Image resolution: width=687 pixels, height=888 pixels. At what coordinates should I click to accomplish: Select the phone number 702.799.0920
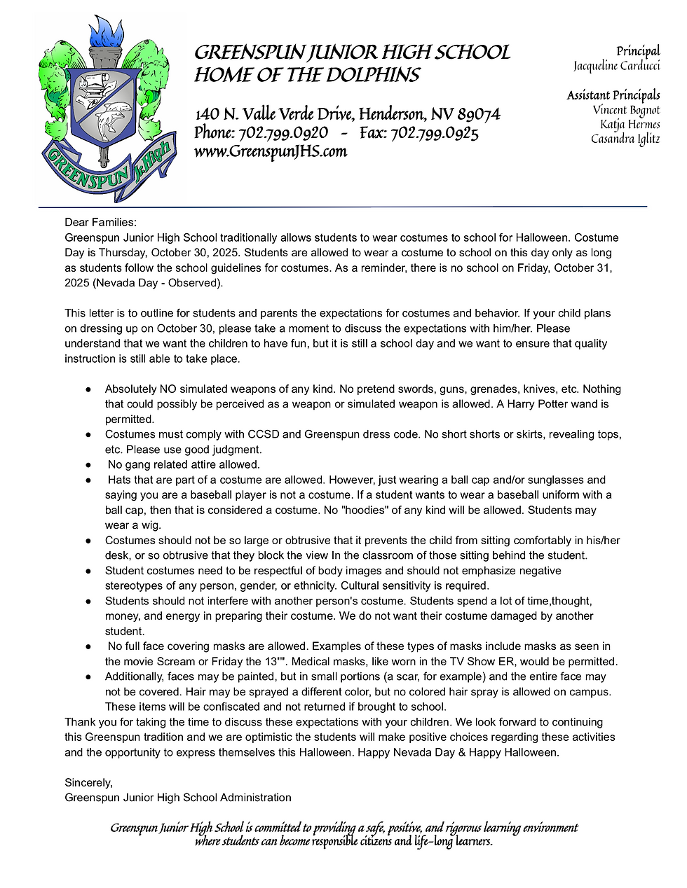[x=283, y=133]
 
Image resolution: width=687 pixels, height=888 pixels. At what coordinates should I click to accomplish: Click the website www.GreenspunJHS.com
[x=270, y=151]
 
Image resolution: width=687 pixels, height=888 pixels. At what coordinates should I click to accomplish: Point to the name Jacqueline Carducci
[x=616, y=66]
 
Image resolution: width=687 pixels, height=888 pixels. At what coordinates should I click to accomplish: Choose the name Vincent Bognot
[x=626, y=110]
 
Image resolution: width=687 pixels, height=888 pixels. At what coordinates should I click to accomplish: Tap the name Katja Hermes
[x=630, y=125]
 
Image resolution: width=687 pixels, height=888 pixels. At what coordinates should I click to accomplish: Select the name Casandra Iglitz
[x=625, y=139]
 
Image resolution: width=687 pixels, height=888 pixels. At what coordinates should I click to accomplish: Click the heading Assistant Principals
[x=613, y=95]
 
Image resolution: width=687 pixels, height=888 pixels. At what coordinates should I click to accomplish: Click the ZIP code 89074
[x=479, y=114]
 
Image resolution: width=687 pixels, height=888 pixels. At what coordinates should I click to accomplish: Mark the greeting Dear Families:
[x=101, y=223]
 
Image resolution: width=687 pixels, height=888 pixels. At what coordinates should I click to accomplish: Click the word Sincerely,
[x=88, y=782]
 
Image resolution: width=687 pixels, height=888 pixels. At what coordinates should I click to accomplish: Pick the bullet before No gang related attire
[x=88, y=465]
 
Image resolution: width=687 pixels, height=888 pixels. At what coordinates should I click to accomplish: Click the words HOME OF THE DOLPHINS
[x=306, y=76]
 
